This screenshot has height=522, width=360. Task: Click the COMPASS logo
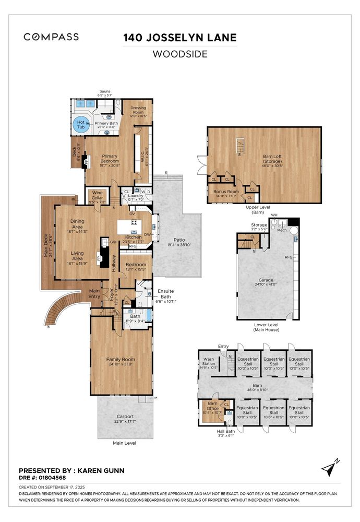[51, 37]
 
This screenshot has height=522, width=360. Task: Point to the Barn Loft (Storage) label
[272, 158]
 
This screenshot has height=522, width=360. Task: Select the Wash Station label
[208, 361]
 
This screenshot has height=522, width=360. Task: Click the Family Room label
[121, 360]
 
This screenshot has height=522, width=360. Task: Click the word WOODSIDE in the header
[179, 54]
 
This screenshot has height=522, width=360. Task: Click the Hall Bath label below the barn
[226, 431]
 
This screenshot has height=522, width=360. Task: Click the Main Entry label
[94, 293]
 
